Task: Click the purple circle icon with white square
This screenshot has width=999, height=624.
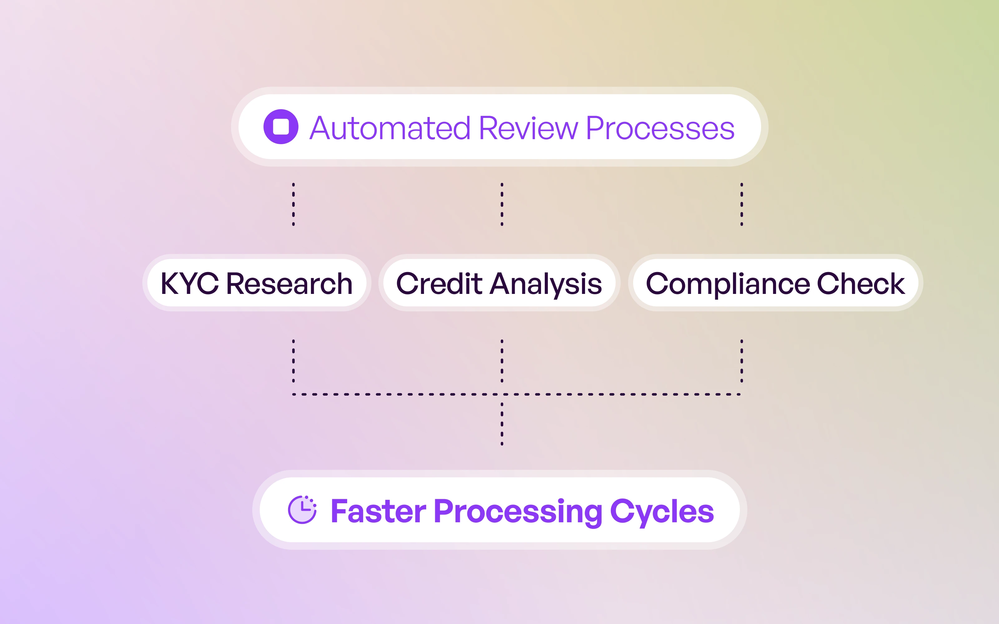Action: click(281, 127)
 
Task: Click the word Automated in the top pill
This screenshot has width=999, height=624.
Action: click(390, 128)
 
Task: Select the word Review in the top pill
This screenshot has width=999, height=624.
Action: click(529, 128)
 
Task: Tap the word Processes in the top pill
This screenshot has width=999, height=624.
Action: click(660, 128)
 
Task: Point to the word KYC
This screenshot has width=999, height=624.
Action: click(189, 284)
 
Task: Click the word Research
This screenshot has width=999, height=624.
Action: click(289, 284)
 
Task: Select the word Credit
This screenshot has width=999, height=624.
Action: click(439, 284)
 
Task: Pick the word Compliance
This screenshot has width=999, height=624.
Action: click(728, 284)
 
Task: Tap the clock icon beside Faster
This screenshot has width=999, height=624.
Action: click(302, 510)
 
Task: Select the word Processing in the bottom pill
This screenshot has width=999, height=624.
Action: click(518, 512)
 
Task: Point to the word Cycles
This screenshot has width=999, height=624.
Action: click(662, 512)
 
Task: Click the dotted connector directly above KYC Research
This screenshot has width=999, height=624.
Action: click(293, 204)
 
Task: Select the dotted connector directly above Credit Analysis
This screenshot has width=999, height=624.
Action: click(502, 204)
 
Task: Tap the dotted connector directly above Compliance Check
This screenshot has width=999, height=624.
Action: click(741, 204)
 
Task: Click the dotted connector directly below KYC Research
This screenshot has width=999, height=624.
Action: click(293, 361)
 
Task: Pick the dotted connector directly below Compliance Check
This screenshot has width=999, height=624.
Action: click(741, 361)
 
